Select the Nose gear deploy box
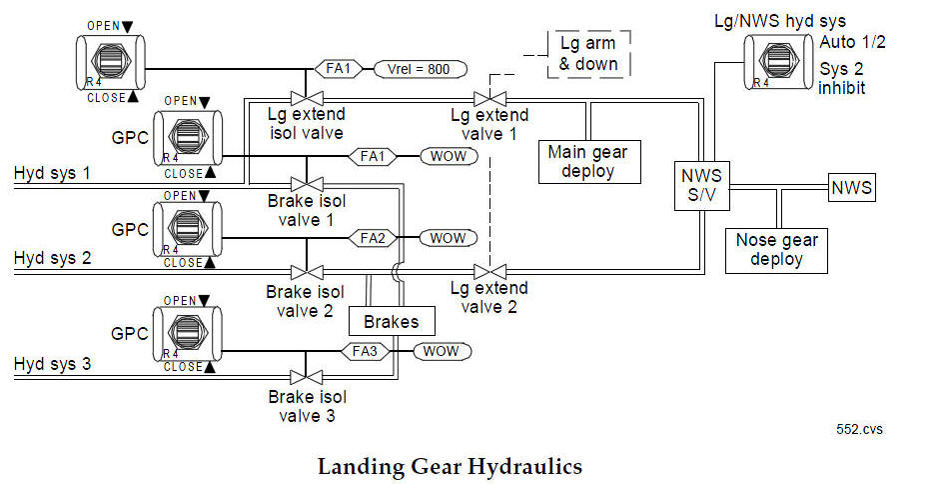pyautogui.click(x=776, y=249)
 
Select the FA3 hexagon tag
pyautogui.click(x=366, y=351)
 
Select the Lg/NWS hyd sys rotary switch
pyautogui.click(x=779, y=62)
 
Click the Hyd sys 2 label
pyautogui.click(x=52, y=259)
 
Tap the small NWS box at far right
pyautogui.click(x=851, y=187)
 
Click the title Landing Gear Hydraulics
pyautogui.click(x=450, y=466)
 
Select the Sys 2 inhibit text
pyautogui.click(x=843, y=78)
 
